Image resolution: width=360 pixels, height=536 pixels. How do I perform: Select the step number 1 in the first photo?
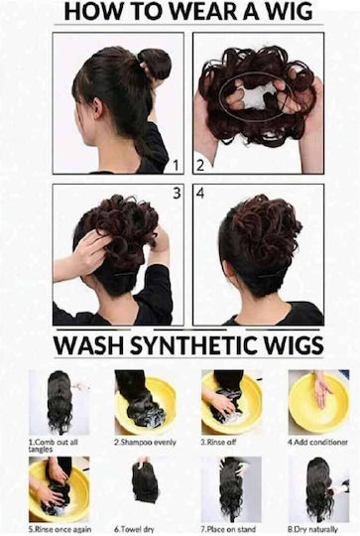point(176,166)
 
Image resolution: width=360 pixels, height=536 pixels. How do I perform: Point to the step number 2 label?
point(200,166)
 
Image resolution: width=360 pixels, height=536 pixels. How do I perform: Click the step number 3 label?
point(177,194)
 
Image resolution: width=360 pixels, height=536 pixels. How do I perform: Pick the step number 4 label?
point(200,194)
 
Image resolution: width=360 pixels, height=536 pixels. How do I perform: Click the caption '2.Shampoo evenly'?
point(145,442)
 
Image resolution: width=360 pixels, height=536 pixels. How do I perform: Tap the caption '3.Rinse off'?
point(218,442)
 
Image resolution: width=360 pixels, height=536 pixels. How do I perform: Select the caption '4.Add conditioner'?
point(317,442)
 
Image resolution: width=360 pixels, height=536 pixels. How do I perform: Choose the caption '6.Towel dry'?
point(134,529)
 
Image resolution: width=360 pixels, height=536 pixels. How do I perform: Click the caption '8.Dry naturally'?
point(312,529)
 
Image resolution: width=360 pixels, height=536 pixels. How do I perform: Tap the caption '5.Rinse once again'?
point(60,529)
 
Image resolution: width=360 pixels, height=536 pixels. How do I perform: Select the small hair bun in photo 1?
point(155,63)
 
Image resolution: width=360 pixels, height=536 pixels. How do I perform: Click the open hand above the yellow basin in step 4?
point(321,392)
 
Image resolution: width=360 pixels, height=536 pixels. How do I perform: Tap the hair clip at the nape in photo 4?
point(273,275)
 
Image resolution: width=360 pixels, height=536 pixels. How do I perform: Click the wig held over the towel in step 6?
point(145,482)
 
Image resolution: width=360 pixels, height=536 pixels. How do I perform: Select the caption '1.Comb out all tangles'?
point(53,446)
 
